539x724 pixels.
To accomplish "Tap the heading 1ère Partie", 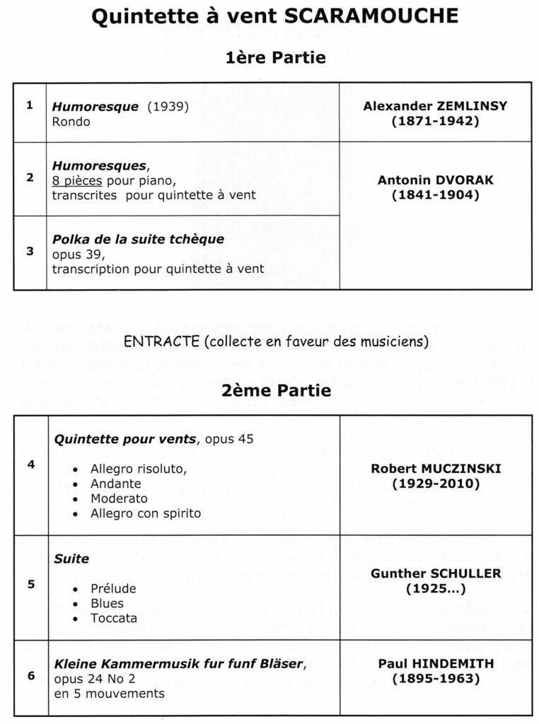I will (x=276, y=57).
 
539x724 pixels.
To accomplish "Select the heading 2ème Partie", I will (x=277, y=390).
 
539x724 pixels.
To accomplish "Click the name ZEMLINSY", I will (x=473, y=106).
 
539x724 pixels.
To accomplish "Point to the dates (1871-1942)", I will (x=435, y=121).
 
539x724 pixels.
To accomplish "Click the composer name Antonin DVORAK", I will (x=435, y=180).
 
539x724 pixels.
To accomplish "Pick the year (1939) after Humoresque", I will (x=168, y=107).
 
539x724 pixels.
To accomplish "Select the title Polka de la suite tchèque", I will (x=138, y=239).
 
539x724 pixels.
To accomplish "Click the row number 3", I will (x=30, y=251).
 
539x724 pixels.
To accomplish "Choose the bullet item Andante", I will (x=115, y=484).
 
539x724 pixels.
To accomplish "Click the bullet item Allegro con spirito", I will (x=145, y=513).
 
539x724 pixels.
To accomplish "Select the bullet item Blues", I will (x=107, y=603).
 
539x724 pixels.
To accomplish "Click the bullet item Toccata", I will (x=112, y=618).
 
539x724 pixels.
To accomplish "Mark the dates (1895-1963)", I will (x=435, y=679).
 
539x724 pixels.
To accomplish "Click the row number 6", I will (x=30, y=675).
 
